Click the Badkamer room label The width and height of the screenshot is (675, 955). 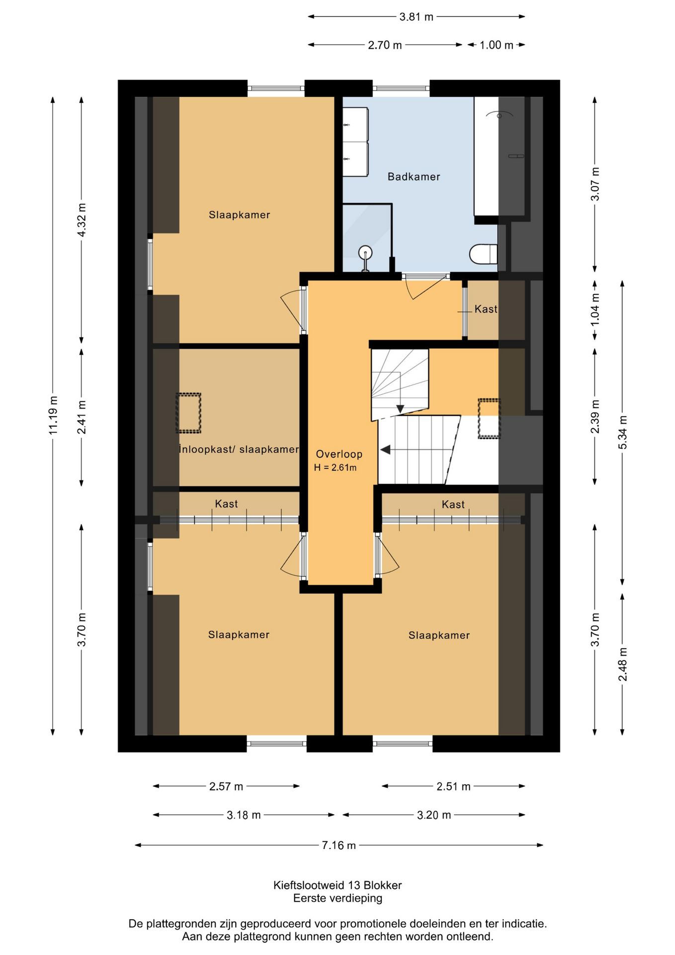[414, 177]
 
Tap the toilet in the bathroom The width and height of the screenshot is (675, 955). [484, 254]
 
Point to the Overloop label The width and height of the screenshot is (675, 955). [339, 454]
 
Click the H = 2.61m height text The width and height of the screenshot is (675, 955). [335, 468]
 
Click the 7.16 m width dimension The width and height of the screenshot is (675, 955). [339, 845]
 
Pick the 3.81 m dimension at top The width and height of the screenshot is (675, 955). [417, 17]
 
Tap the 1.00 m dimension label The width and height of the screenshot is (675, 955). [496, 45]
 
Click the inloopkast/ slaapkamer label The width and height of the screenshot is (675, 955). [239, 449]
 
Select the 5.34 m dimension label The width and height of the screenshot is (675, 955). [622, 432]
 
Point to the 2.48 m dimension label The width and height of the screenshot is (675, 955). [622, 665]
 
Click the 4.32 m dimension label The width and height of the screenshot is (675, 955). [82, 220]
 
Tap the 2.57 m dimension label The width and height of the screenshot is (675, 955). [226, 786]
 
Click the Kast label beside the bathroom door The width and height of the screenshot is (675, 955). [486, 309]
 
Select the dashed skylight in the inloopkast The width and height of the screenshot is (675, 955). [188, 413]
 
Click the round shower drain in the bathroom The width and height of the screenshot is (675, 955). [365, 252]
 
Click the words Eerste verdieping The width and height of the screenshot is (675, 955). [337, 898]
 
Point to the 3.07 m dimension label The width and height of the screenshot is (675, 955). [595, 184]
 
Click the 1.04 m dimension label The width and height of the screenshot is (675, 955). [595, 309]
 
